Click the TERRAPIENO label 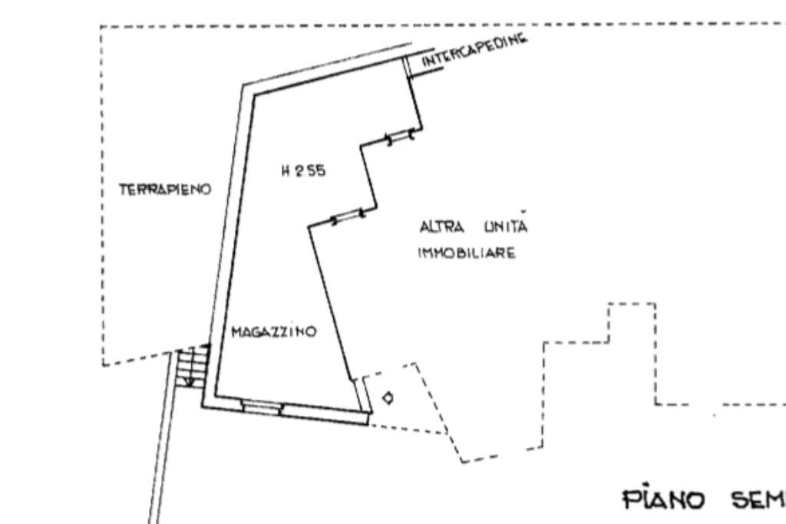tap(165, 189)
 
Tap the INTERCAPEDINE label tap(474, 50)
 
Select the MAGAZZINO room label tap(274, 331)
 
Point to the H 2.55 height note tap(303, 171)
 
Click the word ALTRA tap(441, 227)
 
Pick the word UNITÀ tap(506, 227)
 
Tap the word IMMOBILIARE tap(467, 253)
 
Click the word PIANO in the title tap(664, 499)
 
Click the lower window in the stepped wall tap(348, 217)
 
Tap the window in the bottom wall tap(263, 407)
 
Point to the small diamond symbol tap(388, 398)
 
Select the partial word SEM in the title tap(758, 499)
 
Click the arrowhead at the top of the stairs tap(206, 345)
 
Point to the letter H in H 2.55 tap(286, 171)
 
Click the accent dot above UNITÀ tap(523, 212)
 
